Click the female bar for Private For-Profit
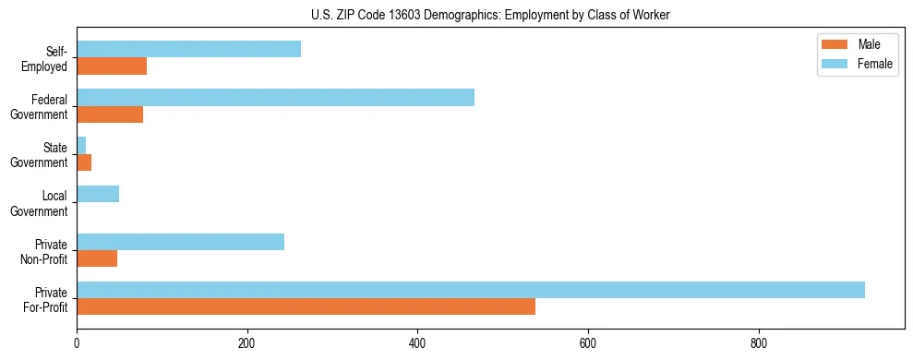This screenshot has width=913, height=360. point(471,290)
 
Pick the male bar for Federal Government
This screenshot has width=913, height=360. point(110,114)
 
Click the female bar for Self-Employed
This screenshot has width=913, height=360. point(188,50)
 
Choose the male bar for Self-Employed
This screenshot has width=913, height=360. point(112,66)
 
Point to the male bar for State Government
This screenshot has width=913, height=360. point(84,162)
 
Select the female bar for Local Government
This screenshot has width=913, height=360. point(98,194)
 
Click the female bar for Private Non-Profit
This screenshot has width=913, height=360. point(180,242)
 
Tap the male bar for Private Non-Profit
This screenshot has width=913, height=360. point(97,258)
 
